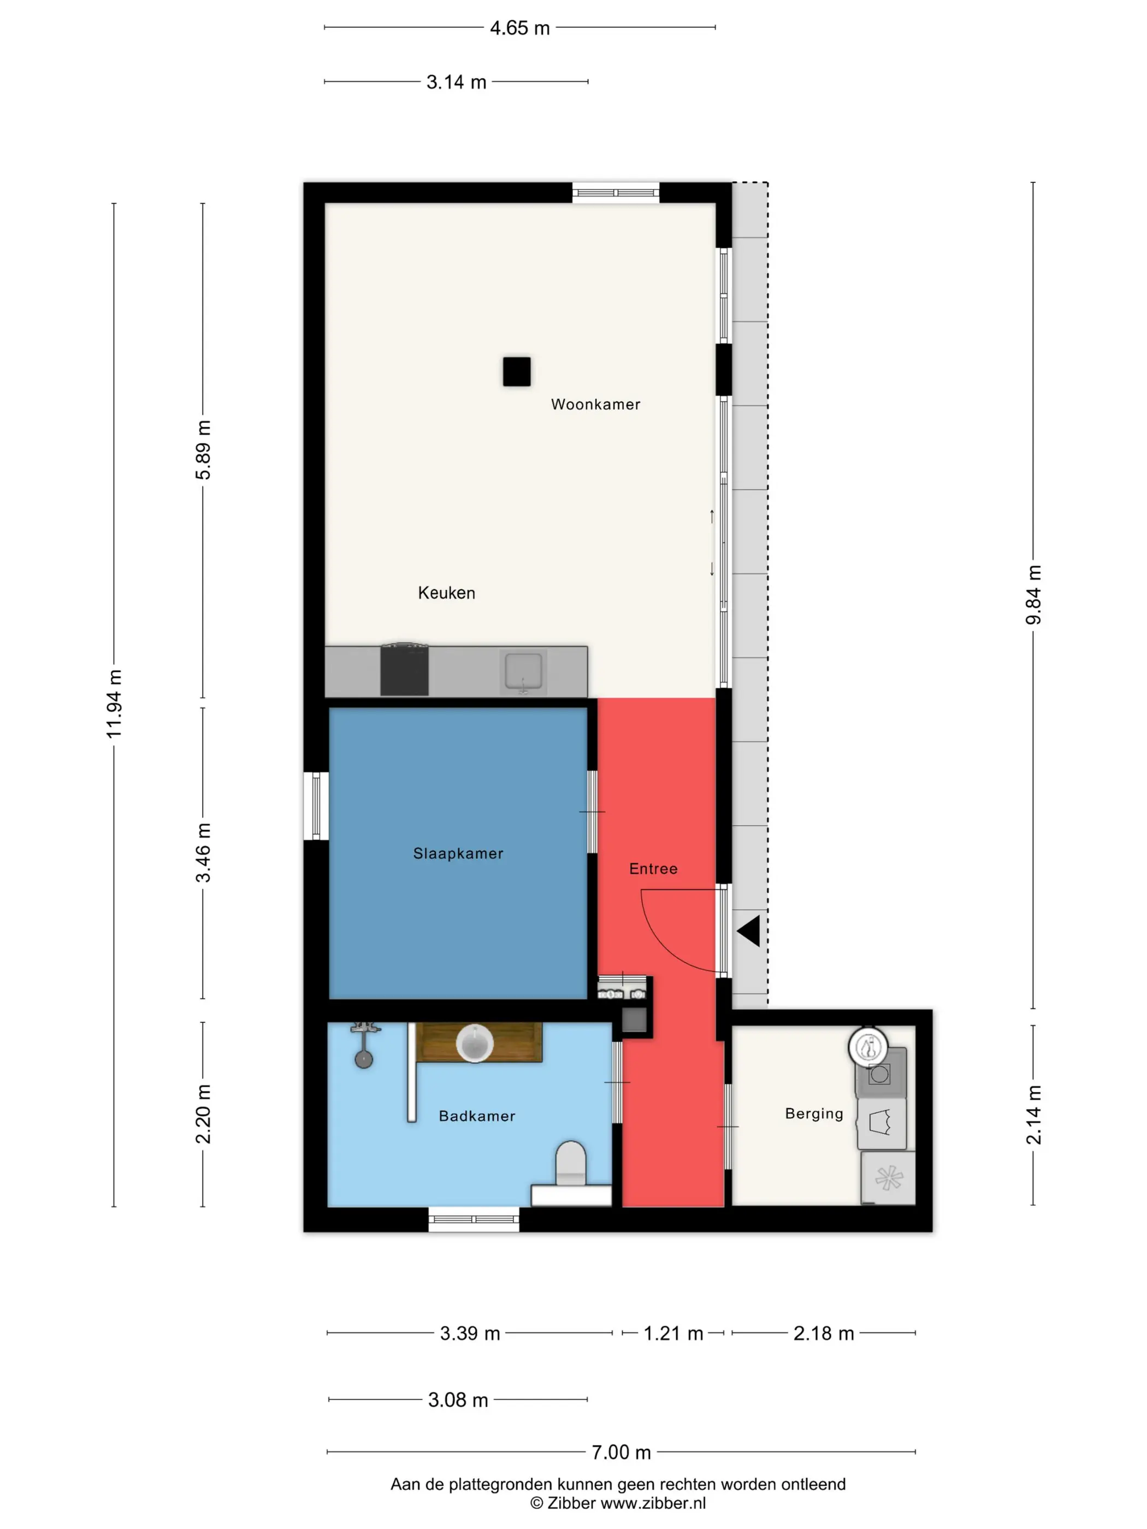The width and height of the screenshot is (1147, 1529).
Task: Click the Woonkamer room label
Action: pos(595,405)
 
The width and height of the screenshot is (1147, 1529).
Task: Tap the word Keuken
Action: pos(447,593)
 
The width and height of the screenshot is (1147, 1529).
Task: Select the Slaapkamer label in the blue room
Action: pos(458,854)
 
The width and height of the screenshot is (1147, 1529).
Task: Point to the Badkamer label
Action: pos(477,1116)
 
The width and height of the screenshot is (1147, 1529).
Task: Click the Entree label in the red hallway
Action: pos(653,869)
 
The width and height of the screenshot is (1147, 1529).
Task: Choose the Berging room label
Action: pos(814,1113)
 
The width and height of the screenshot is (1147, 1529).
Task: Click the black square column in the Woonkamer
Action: pos(517,371)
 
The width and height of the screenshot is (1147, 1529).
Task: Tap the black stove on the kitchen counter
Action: pos(405,670)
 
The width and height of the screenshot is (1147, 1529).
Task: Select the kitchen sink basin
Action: pos(523,671)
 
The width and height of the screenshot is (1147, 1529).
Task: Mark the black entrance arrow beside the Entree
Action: pos(749,931)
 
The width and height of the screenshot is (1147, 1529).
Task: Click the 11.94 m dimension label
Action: pos(114,704)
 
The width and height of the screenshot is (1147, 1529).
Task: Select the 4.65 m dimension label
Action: pos(520,28)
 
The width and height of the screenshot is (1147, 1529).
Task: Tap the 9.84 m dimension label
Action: pos(1033,595)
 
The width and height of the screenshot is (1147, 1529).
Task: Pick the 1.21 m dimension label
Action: pos(673,1334)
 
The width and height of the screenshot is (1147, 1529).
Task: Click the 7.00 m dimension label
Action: pos(621,1452)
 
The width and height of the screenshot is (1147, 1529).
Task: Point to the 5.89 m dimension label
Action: pos(203,450)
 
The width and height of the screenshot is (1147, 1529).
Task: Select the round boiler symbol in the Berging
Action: pos(868,1047)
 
